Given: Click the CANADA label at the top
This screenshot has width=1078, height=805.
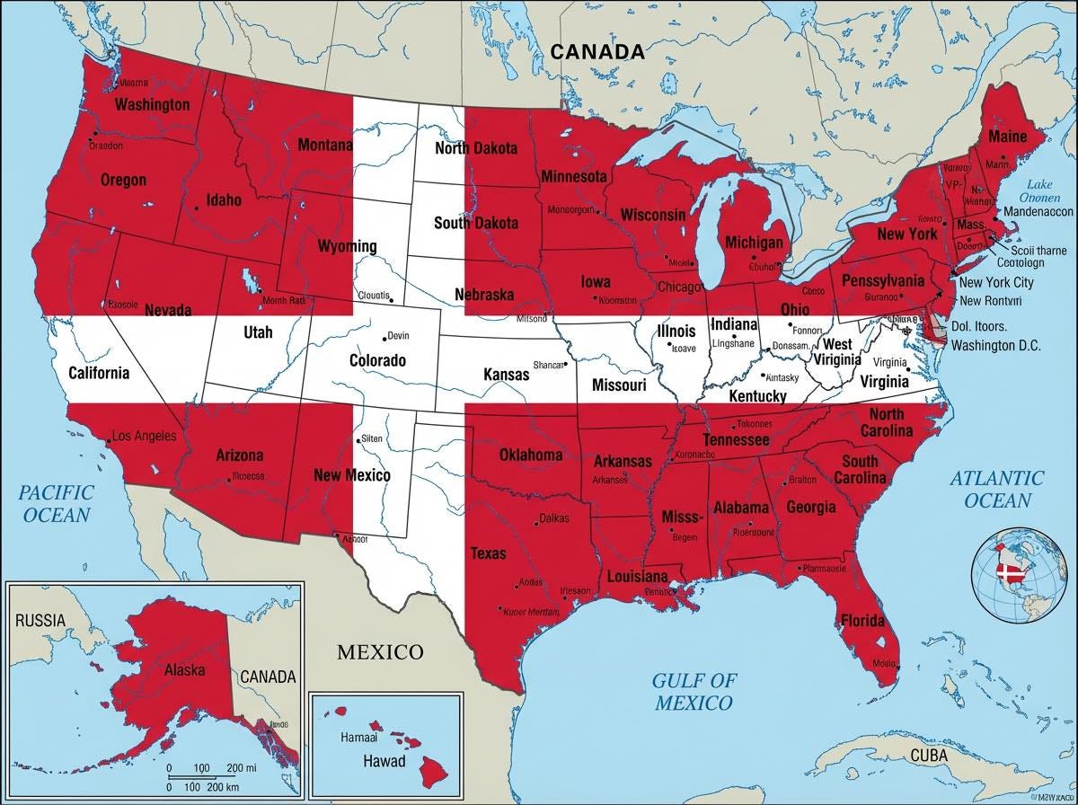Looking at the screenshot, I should click(597, 51).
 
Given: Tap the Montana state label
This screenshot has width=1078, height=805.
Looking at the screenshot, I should click(324, 145).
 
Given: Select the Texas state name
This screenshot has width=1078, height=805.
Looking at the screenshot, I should click(488, 553).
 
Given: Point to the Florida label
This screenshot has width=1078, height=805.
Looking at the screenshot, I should click(862, 620).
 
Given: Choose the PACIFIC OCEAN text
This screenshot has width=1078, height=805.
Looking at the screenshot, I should click(57, 503).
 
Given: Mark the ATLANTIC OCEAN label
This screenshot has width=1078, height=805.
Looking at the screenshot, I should click(997, 489).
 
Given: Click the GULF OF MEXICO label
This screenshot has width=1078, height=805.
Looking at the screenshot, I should click(693, 691).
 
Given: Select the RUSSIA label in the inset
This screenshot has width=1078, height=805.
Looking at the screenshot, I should click(40, 619).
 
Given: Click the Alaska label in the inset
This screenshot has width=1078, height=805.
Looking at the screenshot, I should click(184, 669).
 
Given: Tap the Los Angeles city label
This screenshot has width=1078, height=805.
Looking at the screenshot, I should click(145, 438).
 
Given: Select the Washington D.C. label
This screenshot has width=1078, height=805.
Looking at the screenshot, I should click(995, 345).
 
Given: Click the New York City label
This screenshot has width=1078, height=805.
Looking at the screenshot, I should click(996, 282).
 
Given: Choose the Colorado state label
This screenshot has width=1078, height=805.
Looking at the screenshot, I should click(377, 361).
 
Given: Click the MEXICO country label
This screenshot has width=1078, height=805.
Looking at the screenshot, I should click(379, 651).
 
